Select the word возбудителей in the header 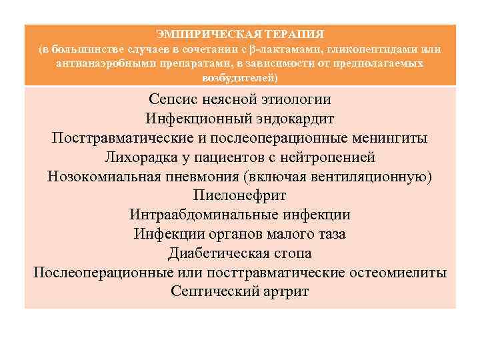click(239, 78)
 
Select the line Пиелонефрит click(239, 197)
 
